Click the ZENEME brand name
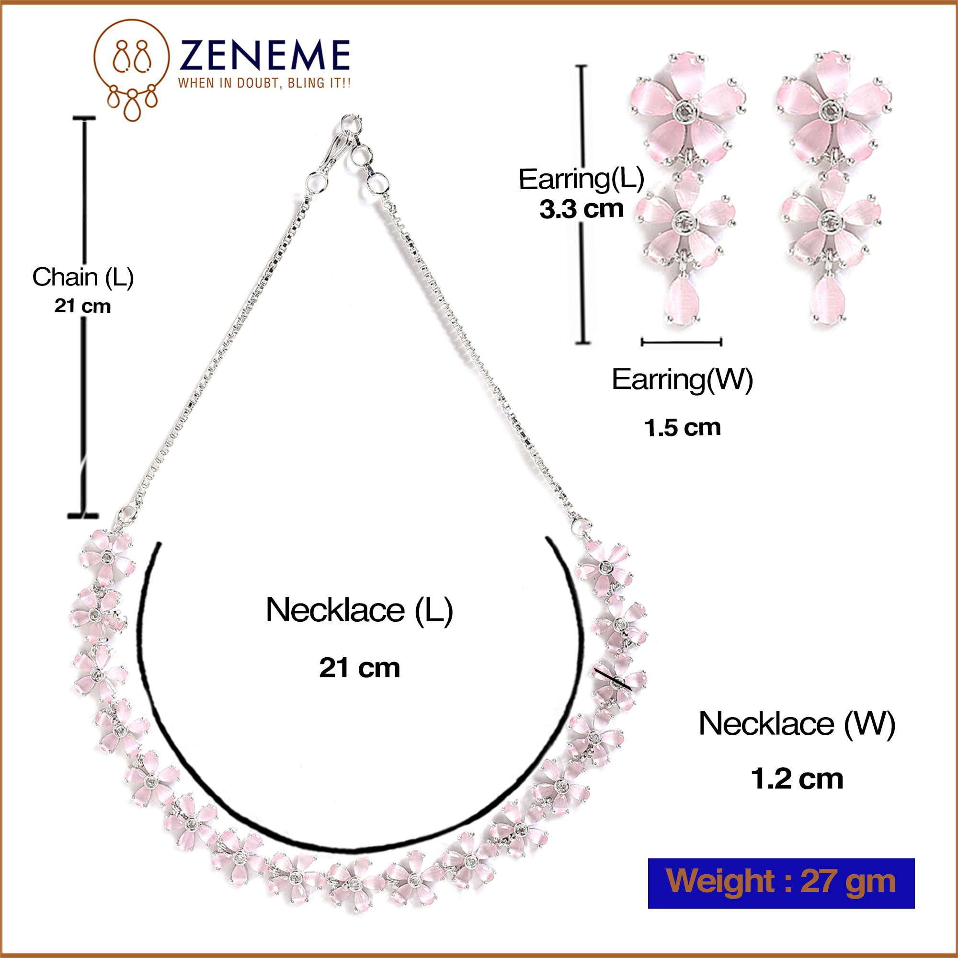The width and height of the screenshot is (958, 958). click(265, 55)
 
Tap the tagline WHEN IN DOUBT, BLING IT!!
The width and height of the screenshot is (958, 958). click(264, 83)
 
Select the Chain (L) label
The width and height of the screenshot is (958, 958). click(83, 277)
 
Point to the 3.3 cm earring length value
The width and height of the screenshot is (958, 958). click(581, 209)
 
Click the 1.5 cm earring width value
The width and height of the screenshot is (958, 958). click(682, 428)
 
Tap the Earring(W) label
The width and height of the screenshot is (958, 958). click(682, 380)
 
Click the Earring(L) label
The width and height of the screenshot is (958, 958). click(581, 179)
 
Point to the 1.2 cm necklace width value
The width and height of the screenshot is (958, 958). click(797, 779)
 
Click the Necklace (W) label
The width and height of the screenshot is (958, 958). click(797, 724)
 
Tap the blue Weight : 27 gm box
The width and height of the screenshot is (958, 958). click(781, 883)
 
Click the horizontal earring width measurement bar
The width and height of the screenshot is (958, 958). click(681, 342)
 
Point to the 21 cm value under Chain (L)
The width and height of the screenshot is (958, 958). click(83, 306)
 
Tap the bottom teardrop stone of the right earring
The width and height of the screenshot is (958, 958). click(829, 299)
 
